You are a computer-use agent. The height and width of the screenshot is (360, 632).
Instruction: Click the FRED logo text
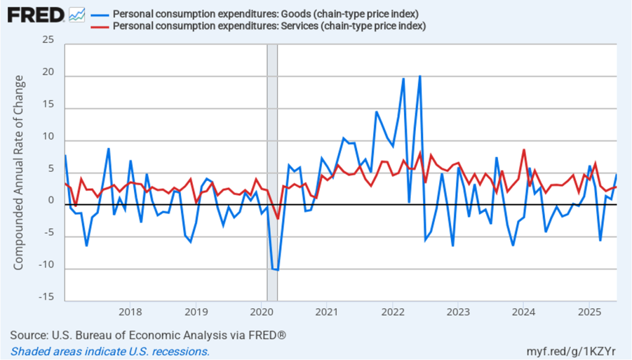pos(36,14)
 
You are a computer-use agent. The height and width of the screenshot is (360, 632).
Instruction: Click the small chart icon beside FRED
pos(77,14)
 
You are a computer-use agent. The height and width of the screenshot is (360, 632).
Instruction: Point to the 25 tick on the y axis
pos(48,41)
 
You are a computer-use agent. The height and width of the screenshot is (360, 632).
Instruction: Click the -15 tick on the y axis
pos(46,298)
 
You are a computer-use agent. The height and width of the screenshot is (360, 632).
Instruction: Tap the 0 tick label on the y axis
pos(51,201)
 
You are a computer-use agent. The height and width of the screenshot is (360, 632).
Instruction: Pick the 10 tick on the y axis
pos(48,137)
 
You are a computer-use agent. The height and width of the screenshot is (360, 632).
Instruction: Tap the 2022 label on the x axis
pos(392,311)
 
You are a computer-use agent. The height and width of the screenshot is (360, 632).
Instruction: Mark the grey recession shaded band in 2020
pos(271,173)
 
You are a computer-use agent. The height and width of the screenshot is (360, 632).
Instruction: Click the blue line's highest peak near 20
pos(419,76)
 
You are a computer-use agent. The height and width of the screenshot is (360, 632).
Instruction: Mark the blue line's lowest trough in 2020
pos(278,270)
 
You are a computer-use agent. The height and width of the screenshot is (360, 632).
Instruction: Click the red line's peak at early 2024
pos(524,149)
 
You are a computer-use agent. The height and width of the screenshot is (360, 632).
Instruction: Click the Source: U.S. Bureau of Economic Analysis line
pos(148,335)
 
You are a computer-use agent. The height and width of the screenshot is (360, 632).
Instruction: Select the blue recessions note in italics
pos(110,351)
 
